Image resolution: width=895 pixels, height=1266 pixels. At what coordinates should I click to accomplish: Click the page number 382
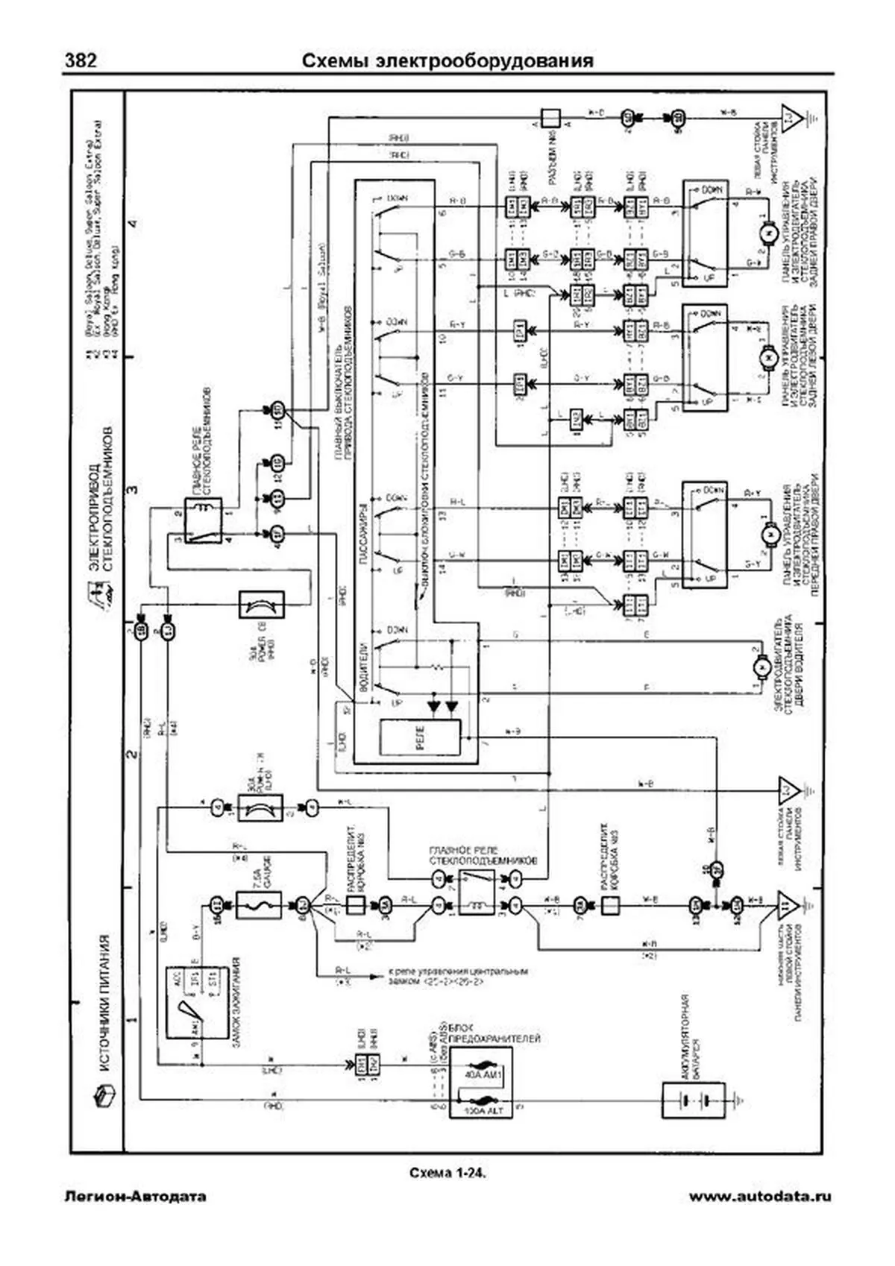click(x=80, y=60)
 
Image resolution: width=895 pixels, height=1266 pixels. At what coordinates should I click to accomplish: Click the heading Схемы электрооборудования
click(x=447, y=60)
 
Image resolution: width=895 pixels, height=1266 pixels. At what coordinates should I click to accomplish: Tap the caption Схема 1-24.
click(x=447, y=1173)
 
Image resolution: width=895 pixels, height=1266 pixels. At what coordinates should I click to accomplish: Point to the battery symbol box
click(x=693, y=1100)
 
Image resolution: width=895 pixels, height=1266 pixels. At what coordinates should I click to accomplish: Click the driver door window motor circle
click(x=763, y=666)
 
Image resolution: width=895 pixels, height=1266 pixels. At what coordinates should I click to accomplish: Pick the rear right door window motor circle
click(x=766, y=233)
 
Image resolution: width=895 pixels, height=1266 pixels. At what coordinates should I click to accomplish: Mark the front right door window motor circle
click(x=766, y=534)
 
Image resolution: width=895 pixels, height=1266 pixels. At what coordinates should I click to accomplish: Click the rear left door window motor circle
click(x=766, y=359)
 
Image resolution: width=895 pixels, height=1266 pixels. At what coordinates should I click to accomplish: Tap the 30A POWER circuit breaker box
click(x=260, y=807)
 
